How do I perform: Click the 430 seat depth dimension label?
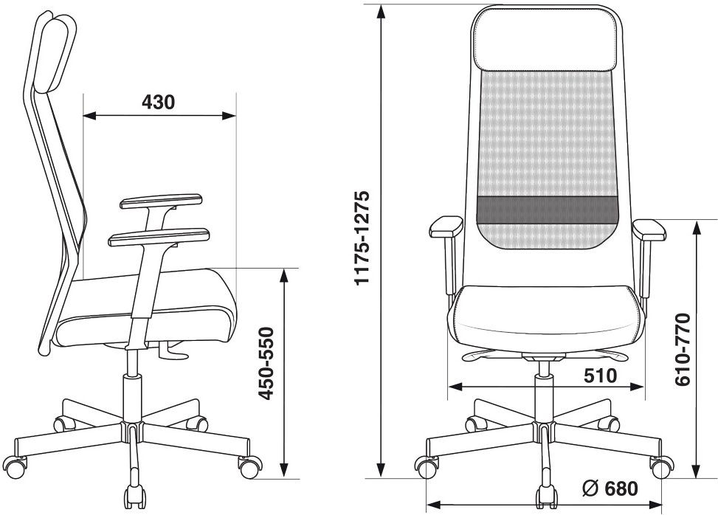click(x=158, y=102)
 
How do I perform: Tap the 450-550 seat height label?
click(x=266, y=363)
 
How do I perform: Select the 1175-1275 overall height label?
click(x=361, y=238)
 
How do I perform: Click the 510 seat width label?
click(x=601, y=376)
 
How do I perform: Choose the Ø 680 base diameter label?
click(x=610, y=488)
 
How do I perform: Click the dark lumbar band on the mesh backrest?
click(x=548, y=210)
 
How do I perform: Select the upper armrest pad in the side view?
click(x=161, y=201)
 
